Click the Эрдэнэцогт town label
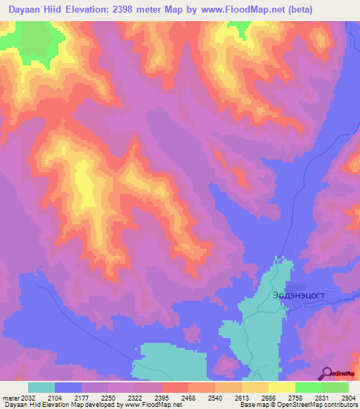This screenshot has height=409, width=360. (299, 296)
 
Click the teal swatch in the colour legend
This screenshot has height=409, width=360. (41, 387)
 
